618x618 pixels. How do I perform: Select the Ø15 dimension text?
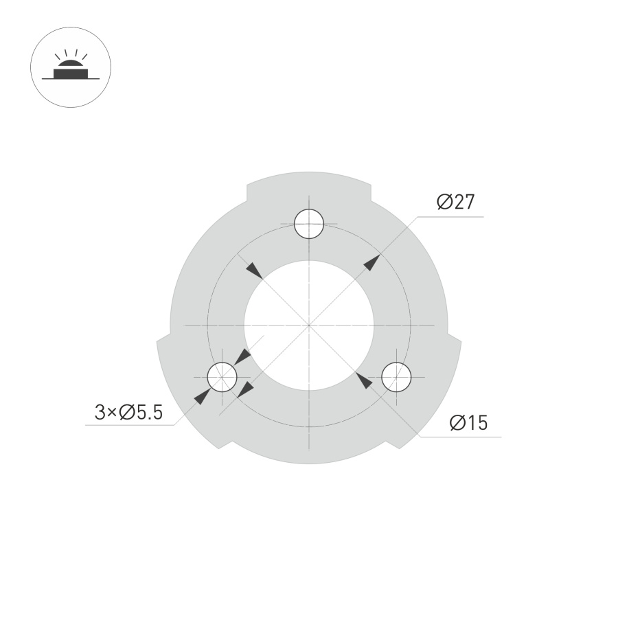468,423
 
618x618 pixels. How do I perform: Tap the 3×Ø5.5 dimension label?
128,412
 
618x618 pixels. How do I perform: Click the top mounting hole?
309,223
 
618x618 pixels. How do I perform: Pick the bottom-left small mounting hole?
222,376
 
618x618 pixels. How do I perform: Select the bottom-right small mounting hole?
396,376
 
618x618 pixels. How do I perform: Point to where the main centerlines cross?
309,324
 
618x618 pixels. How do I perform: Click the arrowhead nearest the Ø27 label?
371,262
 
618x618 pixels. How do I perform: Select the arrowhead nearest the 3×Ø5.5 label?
201,396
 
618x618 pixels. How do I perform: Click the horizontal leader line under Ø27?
450,216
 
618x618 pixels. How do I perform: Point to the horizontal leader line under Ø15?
460,437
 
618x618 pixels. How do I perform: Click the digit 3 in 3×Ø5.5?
100,412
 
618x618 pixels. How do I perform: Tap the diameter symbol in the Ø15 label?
457,423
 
